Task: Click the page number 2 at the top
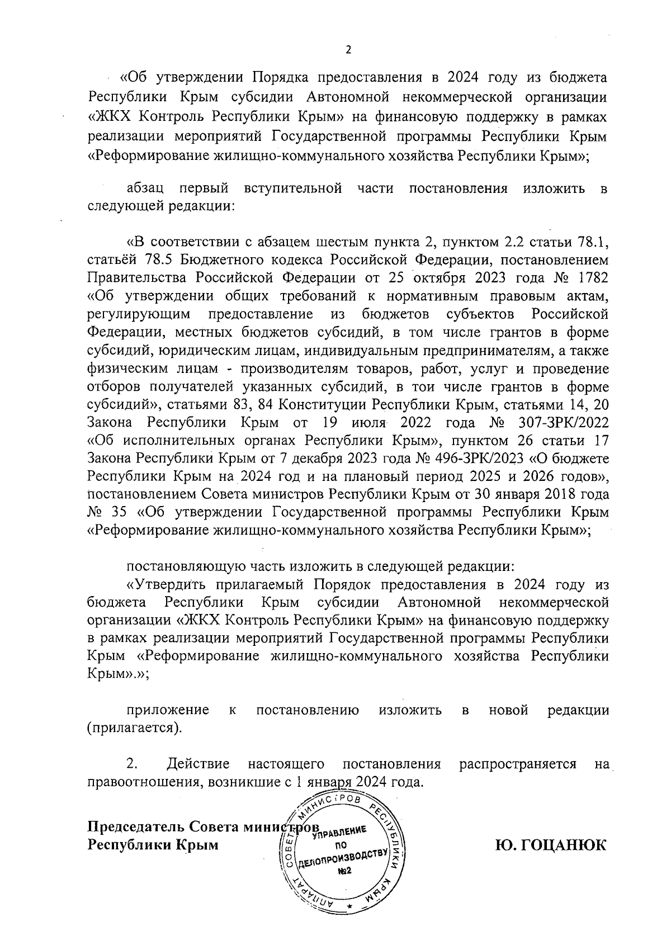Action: [x=348, y=50]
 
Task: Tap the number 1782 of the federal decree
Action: [x=589, y=277]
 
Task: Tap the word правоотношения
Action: [x=144, y=781]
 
